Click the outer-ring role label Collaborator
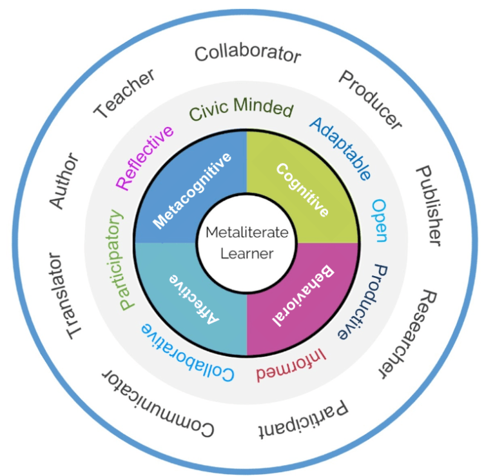click(x=247, y=54)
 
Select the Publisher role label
click(x=429, y=205)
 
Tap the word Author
click(x=64, y=181)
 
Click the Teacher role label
click(x=125, y=94)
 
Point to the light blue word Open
click(x=379, y=220)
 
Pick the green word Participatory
click(x=118, y=259)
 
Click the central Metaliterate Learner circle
click(x=247, y=243)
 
